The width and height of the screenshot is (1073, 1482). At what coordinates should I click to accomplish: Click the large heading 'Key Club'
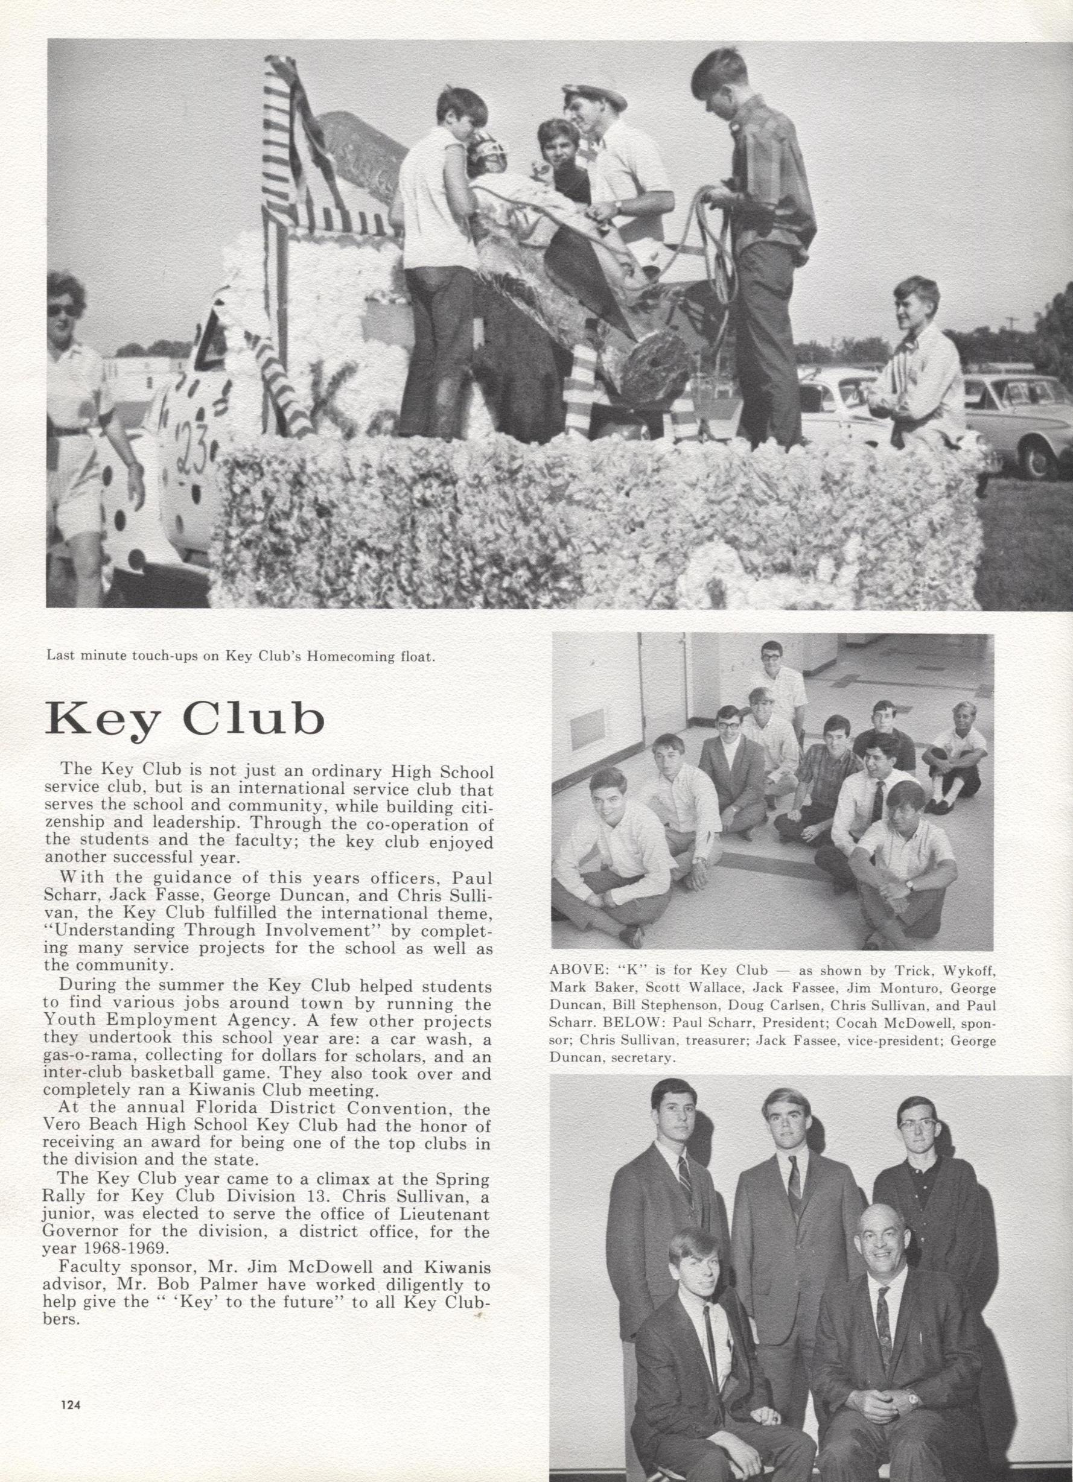click(185, 720)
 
